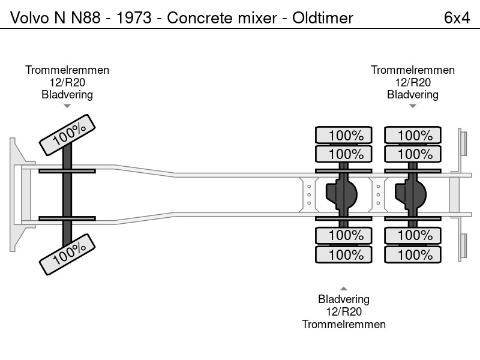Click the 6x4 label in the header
click(x=457, y=18)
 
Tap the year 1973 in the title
click(x=134, y=18)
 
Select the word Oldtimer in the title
click(x=323, y=18)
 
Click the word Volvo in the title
click(x=29, y=18)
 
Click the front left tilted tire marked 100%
click(x=67, y=134)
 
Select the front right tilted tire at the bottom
click(x=67, y=254)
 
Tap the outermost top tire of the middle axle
click(x=344, y=134)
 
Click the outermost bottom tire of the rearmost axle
click(x=413, y=254)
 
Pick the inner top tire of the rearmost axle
click(x=413, y=154)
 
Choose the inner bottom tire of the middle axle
click(x=344, y=236)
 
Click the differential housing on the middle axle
click(x=341, y=194)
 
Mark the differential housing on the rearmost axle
click(x=410, y=194)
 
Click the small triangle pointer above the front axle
click(x=67, y=106)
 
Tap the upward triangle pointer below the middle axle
click(x=344, y=289)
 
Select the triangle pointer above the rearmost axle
click(x=413, y=106)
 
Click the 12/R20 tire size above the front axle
click(x=67, y=82)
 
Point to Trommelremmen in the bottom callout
click(x=344, y=324)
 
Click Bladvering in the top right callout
click(x=413, y=95)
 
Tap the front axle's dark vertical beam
click(x=67, y=194)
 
